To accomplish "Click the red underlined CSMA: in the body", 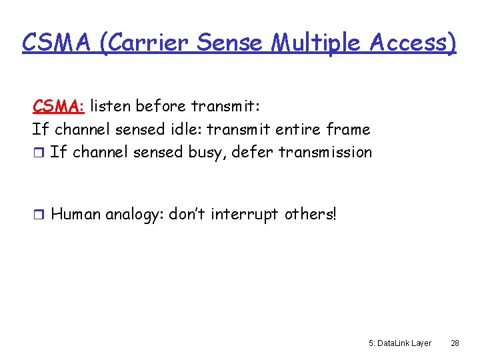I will coord(58,106).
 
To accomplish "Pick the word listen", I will coord(109,106).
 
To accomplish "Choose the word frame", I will coord(348,129).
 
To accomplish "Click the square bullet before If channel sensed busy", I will coord(37,153).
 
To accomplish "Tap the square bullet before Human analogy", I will coord(37,215).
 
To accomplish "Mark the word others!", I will coord(311,214).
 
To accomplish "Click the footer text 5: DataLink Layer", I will coord(399,343).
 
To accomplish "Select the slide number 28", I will coord(455,343).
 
